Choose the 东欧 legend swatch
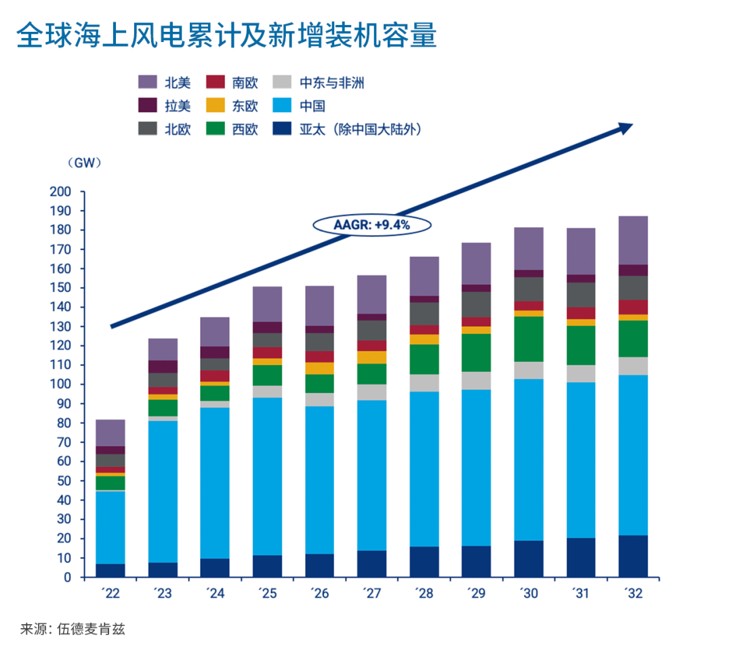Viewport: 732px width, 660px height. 215,106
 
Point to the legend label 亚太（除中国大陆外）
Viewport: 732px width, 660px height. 360,129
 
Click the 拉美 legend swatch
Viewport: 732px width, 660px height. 148,106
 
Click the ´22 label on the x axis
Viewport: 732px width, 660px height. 110,594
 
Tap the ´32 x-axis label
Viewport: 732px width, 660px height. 633,594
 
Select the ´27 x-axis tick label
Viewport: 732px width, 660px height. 371,594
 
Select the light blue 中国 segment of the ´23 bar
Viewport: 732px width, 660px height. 163,491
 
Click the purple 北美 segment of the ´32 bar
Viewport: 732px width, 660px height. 633,240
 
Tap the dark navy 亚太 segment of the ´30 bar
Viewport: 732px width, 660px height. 529,558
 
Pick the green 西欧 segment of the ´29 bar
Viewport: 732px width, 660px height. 476,352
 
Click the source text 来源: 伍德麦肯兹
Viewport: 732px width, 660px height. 73,629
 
